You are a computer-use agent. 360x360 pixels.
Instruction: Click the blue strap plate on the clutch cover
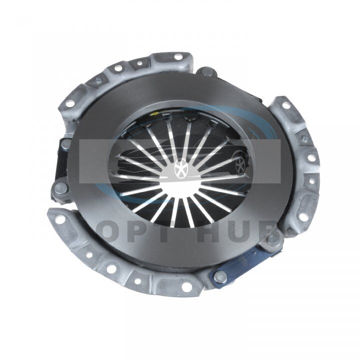click(x=247, y=261)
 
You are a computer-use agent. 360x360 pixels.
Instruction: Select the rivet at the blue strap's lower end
click(x=220, y=277)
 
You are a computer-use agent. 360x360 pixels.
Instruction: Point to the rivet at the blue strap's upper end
click(x=274, y=240)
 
